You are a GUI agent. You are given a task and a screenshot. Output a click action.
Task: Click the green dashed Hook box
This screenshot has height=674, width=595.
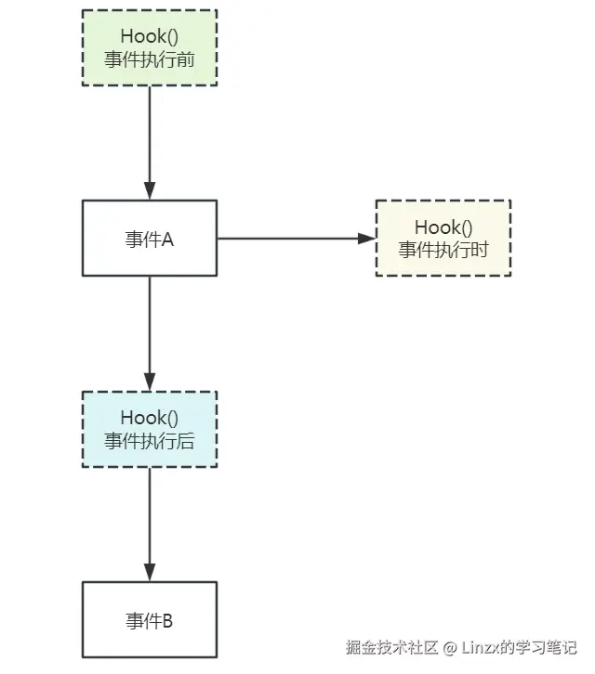click(x=150, y=47)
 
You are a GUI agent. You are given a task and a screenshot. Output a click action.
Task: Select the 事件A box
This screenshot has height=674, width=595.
click(x=150, y=238)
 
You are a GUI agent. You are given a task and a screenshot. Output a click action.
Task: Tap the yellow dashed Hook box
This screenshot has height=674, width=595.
click(x=443, y=238)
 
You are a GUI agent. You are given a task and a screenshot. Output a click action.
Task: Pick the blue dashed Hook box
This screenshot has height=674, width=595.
click(x=150, y=428)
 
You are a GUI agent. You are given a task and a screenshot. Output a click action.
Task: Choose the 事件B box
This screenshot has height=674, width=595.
click(x=150, y=619)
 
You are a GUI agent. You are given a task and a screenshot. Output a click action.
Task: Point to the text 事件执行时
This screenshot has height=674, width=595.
click(x=443, y=249)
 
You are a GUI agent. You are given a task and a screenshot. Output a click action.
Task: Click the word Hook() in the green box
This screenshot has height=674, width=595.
click(x=150, y=36)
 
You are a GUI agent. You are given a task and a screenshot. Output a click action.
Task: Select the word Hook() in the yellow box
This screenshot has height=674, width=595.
click(x=443, y=227)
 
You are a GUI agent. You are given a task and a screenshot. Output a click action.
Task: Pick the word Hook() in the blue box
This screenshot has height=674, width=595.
click(x=150, y=418)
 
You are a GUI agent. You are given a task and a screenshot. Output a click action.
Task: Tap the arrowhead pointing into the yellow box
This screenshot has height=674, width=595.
click(x=366, y=238)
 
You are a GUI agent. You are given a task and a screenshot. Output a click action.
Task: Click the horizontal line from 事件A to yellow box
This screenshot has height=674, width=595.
click(x=288, y=238)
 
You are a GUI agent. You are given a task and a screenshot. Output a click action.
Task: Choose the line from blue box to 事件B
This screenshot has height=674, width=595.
click(x=150, y=515)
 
